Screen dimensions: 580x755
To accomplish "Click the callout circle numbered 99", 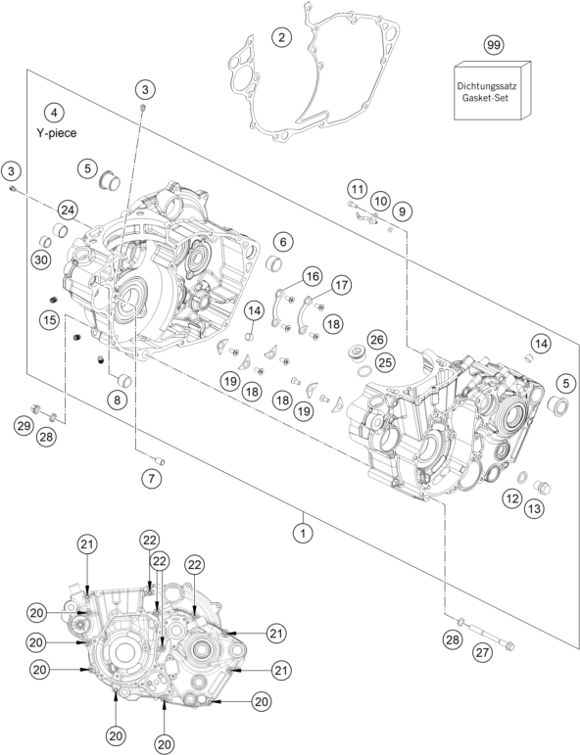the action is click(x=493, y=45).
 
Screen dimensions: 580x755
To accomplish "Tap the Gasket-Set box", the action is click(x=493, y=90).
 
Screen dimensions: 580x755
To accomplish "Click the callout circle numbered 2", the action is click(x=282, y=37).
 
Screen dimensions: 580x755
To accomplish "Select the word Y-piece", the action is click(x=57, y=133).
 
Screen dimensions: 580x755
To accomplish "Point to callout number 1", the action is click(x=303, y=534).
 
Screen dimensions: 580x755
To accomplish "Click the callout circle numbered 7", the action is click(x=151, y=479).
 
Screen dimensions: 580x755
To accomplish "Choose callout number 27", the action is click(x=483, y=652).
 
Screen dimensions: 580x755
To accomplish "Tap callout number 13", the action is click(x=534, y=508).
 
